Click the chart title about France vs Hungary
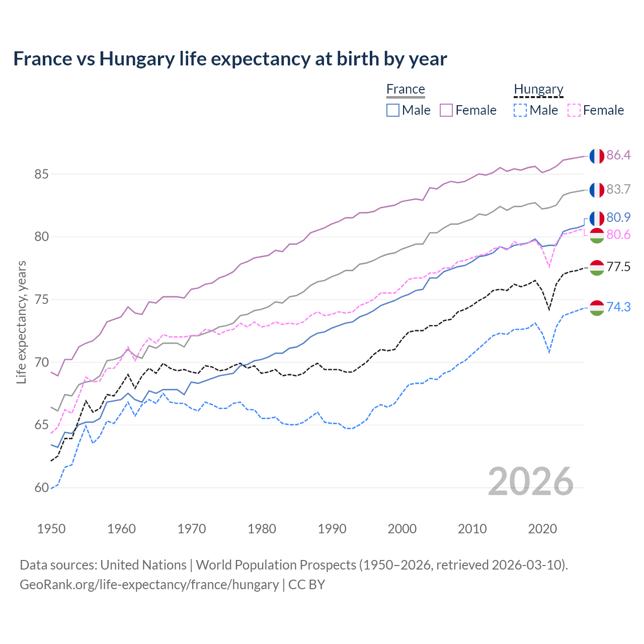point(230,59)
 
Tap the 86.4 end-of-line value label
point(618,155)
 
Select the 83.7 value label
point(618,189)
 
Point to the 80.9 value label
point(618,217)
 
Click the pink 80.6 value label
point(618,235)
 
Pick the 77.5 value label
point(618,267)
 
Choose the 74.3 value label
point(618,307)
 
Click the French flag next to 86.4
point(597,156)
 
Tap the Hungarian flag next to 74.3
point(597,308)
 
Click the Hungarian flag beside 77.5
point(597,268)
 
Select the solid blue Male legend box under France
point(393,110)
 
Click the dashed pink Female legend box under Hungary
point(574,110)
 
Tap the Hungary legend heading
point(538,90)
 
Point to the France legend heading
point(406,89)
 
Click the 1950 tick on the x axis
point(51,529)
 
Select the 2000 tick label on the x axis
point(402,529)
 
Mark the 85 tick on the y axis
point(41,175)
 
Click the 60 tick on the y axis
point(41,488)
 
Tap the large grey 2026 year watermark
point(531,481)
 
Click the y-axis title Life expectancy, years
point(22,322)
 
